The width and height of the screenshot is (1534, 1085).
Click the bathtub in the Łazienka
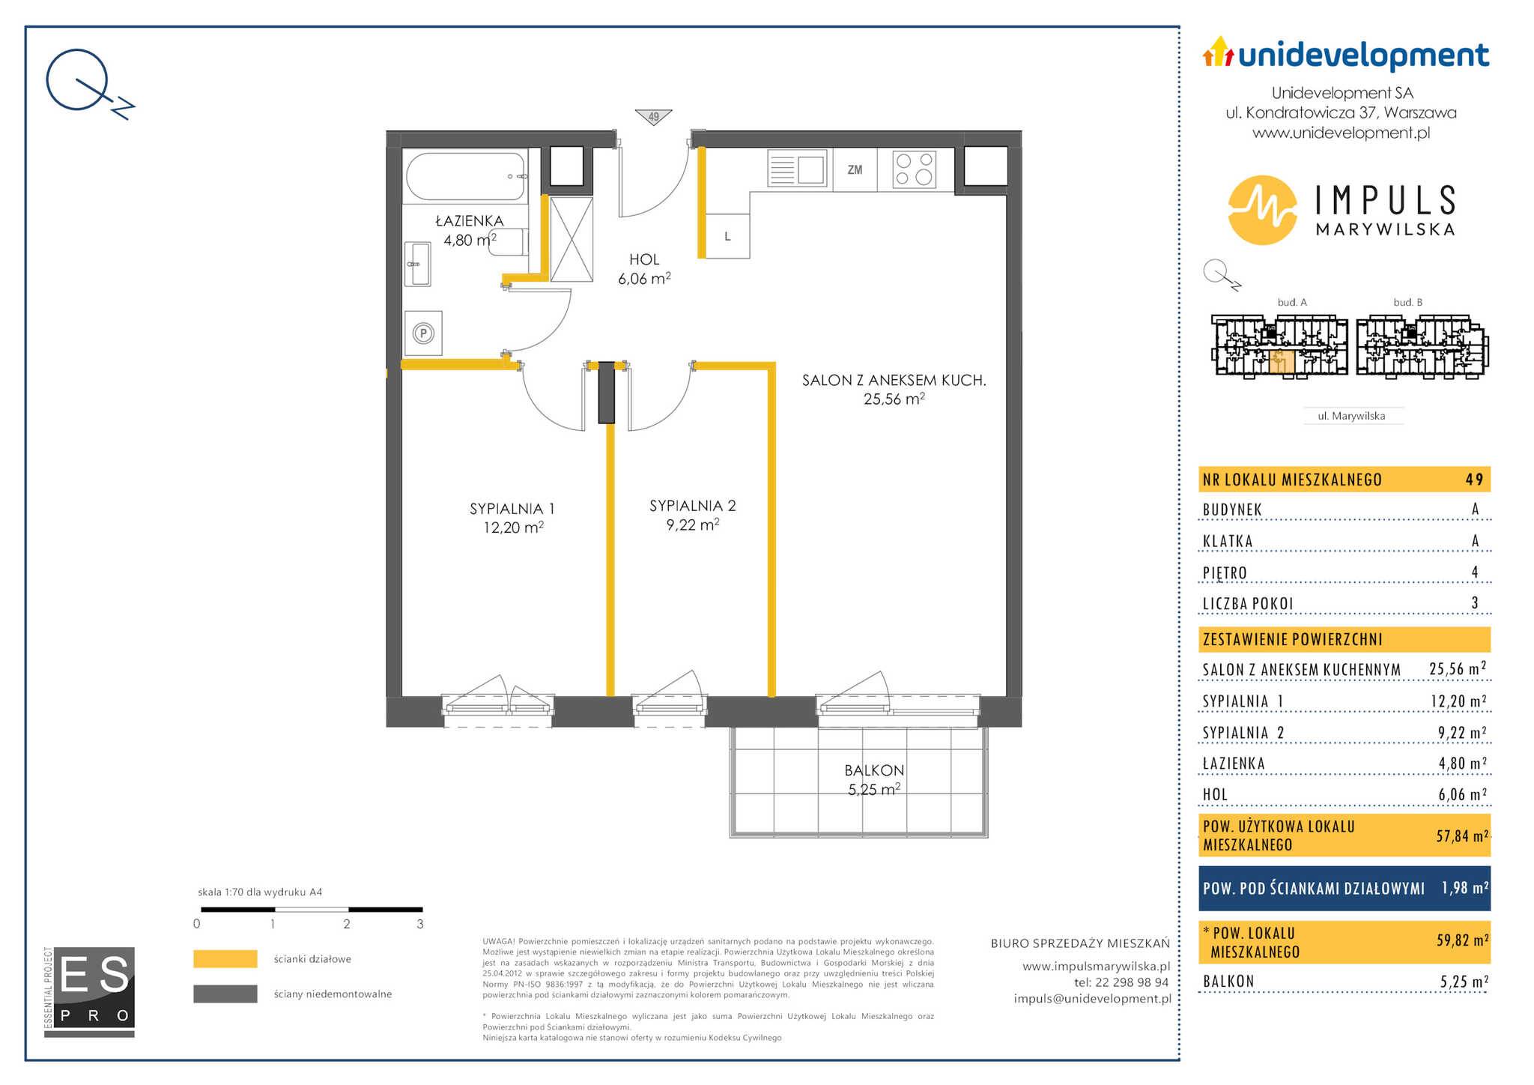coord(465,176)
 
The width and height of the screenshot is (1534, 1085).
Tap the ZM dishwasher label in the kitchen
coord(855,170)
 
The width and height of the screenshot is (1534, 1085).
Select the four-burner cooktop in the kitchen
coord(915,169)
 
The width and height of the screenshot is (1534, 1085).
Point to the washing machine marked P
coord(423,333)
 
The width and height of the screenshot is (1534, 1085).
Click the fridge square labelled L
coord(727,236)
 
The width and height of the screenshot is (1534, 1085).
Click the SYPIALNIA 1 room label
coord(512,509)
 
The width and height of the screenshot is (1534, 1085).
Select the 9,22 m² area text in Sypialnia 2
coord(693,525)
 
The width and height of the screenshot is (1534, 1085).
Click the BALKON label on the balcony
coord(874,770)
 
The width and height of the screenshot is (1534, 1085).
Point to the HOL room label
coord(644,259)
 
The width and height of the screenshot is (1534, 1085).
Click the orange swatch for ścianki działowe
coord(225,959)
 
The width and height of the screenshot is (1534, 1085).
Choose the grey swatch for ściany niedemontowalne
coord(225,994)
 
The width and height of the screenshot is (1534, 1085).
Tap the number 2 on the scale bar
coord(347,924)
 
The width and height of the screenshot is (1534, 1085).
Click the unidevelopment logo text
coord(1364,55)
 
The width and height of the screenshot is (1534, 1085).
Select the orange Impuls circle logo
coord(1263,210)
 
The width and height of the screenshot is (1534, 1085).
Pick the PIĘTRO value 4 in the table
coord(1475,572)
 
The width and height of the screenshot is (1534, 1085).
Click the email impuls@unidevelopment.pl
coord(1092,998)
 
